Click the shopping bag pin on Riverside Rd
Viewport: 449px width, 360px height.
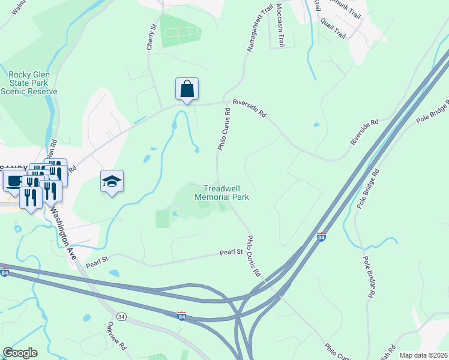click(187, 89)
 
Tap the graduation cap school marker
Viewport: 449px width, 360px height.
click(112, 182)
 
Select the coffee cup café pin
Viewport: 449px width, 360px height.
click(13, 179)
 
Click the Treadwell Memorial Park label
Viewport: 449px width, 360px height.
click(221, 192)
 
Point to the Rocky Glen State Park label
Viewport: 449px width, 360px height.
click(29, 83)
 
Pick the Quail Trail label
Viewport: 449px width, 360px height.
click(333, 28)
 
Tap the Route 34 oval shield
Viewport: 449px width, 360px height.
click(121, 316)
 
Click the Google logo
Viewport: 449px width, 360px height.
click(20, 353)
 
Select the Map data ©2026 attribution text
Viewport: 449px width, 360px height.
click(424, 355)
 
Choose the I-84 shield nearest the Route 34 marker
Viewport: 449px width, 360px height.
click(181, 315)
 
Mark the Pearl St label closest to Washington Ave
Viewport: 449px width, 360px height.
click(96, 262)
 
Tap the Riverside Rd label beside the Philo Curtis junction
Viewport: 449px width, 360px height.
click(249, 107)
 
